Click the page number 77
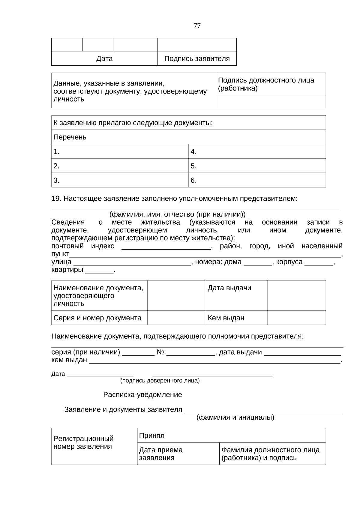197,26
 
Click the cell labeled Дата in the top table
104,58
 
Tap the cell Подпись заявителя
197,58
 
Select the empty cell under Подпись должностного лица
271,102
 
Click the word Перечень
70,137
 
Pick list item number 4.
193,152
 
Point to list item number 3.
56,180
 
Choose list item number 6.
193,180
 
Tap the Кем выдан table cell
226,318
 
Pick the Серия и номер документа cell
97,318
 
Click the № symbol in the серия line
160,352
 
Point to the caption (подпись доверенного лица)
160,381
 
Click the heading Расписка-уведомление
142,395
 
